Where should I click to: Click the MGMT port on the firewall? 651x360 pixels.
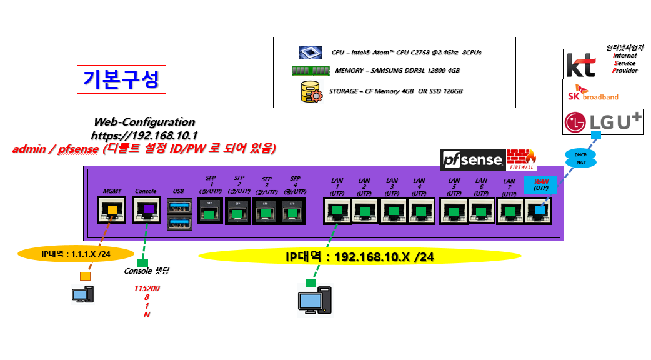[x=112, y=210]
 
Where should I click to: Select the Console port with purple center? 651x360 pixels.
[x=147, y=210]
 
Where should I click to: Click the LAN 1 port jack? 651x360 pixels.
[x=337, y=211]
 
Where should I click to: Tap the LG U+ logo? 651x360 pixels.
[x=602, y=122]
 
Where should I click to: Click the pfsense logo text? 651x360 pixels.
[x=472, y=161]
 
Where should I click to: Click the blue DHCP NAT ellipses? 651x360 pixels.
[x=580, y=157]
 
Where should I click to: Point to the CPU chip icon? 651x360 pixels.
[x=310, y=52]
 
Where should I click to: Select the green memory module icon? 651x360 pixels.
[x=311, y=71]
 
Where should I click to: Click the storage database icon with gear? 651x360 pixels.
[x=311, y=91]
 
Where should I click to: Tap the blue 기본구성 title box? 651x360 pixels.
[x=121, y=79]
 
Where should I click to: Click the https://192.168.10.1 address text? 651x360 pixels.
[x=144, y=135]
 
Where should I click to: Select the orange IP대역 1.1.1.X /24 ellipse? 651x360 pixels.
[x=76, y=254]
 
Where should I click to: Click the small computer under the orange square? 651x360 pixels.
[x=82, y=294]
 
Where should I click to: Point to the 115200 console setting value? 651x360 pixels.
[x=146, y=289]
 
